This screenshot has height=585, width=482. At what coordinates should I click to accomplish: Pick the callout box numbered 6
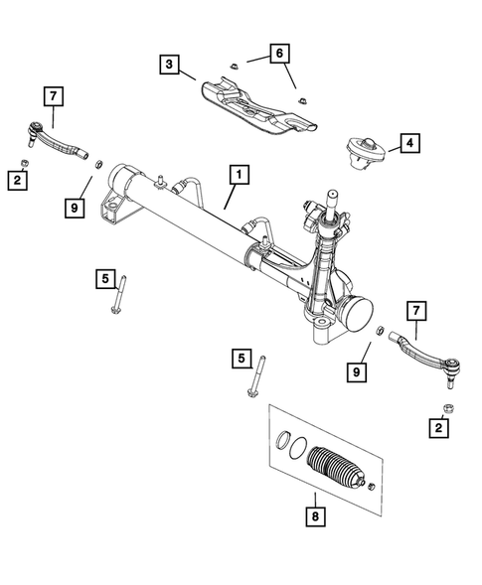click(x=278, y=54)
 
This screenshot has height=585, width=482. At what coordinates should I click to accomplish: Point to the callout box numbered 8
click(x=313, y=515)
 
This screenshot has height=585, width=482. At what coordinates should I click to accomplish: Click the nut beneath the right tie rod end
click(x=447, y=407)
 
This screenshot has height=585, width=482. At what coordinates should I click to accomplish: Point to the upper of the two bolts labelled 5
click(x=119, y=296)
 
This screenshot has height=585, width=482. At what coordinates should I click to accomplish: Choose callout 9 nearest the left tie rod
click(x=74, y=208)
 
